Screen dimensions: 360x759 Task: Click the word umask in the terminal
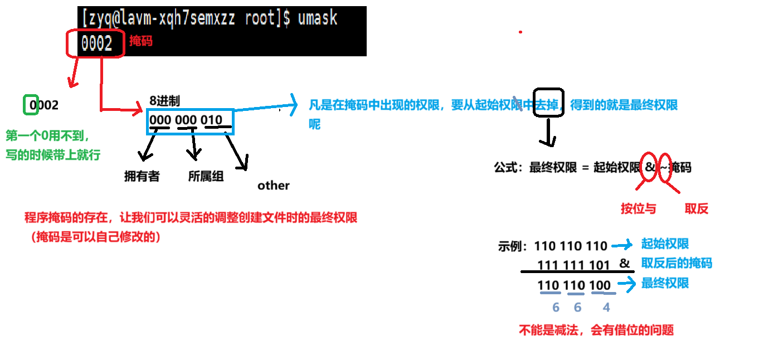(x=318, y=18)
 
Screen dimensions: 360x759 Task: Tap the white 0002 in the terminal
(x=97, y=43)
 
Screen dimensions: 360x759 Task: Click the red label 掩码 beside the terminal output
(x=140, y=41)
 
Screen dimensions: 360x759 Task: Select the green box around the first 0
(x=32, y=105)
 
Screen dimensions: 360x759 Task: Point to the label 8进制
(x=164, y=101)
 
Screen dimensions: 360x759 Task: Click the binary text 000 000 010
(x=186, y=120)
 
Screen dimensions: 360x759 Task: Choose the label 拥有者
(x=142, y=176)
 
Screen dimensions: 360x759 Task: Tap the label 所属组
(x=206, y=176)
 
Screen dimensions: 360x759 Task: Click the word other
(x=274, y=186)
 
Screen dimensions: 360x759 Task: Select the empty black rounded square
(x=548, y=103)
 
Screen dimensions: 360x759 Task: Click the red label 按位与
(x=638, y=208)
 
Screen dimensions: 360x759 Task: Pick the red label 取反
(x=697, y=208)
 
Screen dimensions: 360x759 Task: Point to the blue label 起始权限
(x=665, y=244)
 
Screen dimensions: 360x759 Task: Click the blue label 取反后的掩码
(x=677, y=263)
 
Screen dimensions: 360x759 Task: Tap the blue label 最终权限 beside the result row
(x=665, y=283)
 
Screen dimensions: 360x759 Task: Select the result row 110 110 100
(x=574, y=285)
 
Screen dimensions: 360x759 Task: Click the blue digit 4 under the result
(x=606, y=307)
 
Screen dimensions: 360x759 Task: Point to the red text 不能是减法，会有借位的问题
(x=596, y=330)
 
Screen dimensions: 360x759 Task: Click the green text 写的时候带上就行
(x=53, y=155)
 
